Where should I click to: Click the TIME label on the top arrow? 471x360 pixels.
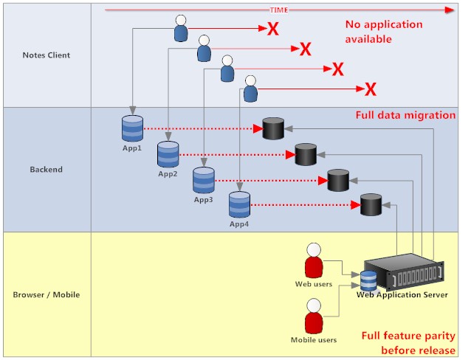click(x=278, y=10)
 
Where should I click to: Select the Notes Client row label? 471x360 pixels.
click(x=47, y=55)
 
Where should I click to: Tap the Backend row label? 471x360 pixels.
click(x=47, y=169)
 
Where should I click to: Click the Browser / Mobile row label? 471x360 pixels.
click(x=47, y=295)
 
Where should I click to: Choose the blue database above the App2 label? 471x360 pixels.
click(x=168, y=154)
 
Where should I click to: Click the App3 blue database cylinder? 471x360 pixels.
click(x=203, y=180)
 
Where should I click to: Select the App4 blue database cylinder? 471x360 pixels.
click(x=238, y=204)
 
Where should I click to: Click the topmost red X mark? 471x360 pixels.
click(x=272, y=30)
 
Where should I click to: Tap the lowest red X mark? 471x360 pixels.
click(x=371, y=89)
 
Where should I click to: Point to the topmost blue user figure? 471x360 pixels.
click(x=181, y=29)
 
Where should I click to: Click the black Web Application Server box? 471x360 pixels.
click(x=404, y=274)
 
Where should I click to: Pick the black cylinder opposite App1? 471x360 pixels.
click(x=273, y=128)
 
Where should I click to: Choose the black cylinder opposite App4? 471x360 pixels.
click(x=371, y=205)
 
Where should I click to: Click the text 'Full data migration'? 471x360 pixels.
click(x=405, y=116)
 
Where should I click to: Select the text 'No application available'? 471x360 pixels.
click(x=384, y=32)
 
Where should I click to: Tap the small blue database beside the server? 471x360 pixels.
click(x=368, y=280)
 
